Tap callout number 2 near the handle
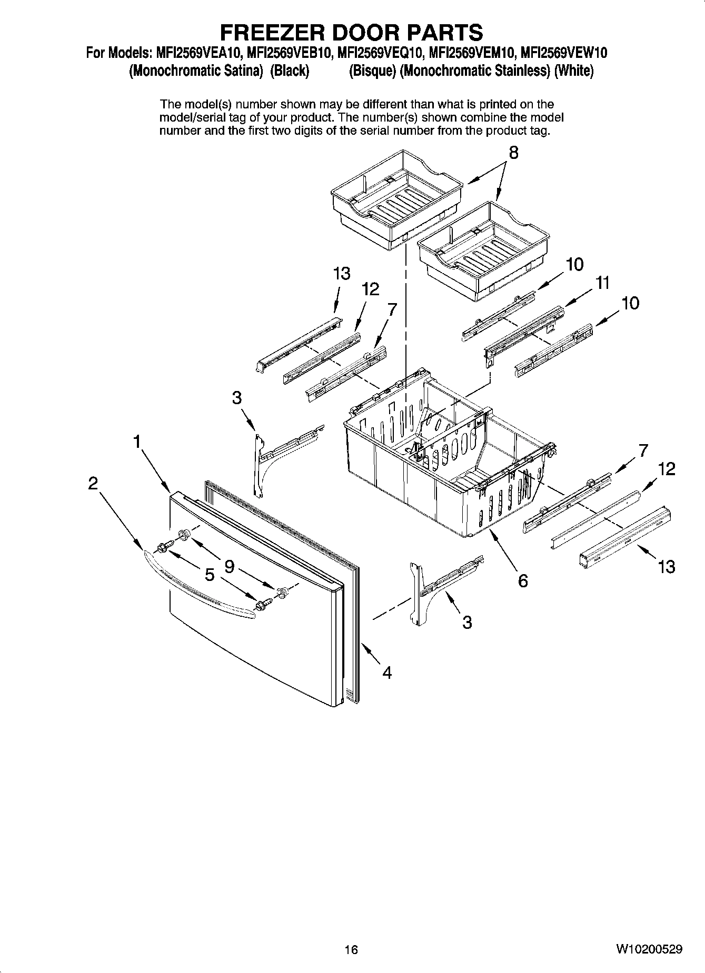coord(93,483)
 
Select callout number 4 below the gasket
coord(387,673)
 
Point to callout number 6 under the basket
coord(522,581)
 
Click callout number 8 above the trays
coord(513,153)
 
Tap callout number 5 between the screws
coord(210,575)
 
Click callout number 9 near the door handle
coord(230,566)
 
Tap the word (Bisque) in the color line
coord(372,71)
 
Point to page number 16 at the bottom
coord(351,950)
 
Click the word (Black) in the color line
coord(289,71)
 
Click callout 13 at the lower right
coord(666,567)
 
